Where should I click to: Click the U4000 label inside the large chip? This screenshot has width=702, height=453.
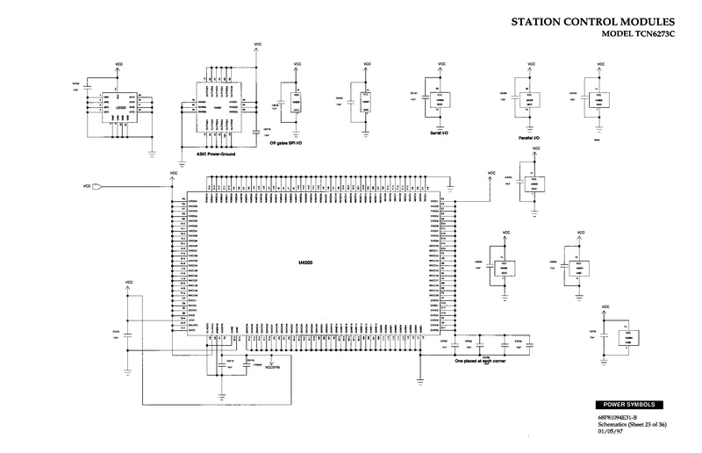point(306,262)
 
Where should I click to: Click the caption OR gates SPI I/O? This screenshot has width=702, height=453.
point(299,142)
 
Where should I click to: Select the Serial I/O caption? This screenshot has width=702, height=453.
point(440,132)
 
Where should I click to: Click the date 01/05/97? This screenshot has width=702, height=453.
point(612,430)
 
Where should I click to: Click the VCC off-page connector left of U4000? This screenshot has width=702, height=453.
point(97,185)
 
